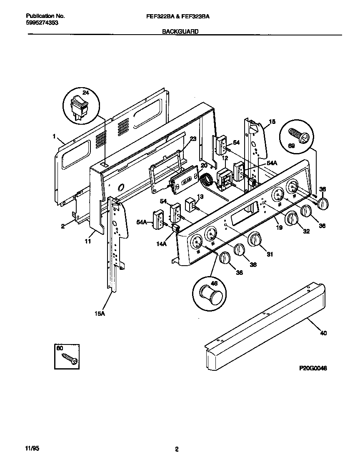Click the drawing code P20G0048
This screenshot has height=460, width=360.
click(x=313, y=368)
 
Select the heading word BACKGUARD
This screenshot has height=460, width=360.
click(x=180, y=31)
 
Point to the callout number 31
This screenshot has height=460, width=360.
click(x=270, y=254)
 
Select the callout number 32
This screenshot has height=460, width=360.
click(x=306, y=231)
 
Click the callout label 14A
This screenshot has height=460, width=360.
click(x=162, y=245)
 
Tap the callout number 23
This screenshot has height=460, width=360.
click(x=192, y=139)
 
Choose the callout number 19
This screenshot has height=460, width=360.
click(x=279, y=228)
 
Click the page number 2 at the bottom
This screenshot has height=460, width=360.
click(x=177, y=449)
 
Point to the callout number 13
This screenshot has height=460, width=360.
click(x=200, y=196)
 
